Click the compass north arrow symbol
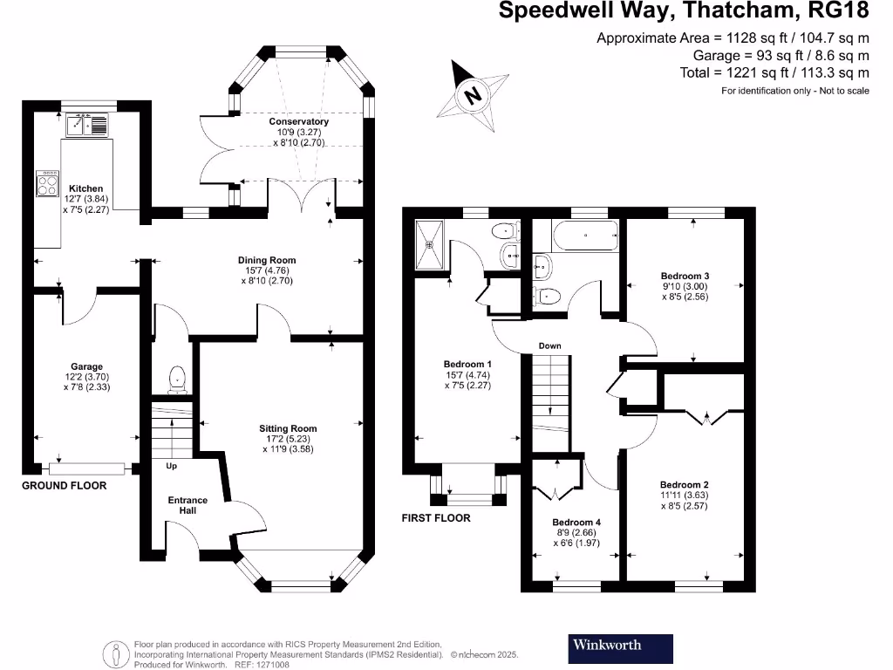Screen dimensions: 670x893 pos(473,92)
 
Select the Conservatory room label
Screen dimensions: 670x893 pos(298,122)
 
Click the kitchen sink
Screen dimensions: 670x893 pos(86,126)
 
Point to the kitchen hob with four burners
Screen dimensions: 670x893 pos(46,182)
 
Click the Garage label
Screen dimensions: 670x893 pos(86,366)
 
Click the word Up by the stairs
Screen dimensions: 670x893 pos(172,467)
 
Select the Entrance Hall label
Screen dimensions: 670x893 pos(187,505)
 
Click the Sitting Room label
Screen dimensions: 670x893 pos(288,428)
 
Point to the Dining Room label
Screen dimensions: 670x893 pos(267,260)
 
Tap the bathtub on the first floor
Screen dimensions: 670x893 pos(584,234)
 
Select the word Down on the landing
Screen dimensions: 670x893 pos(549,345)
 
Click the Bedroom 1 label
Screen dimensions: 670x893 pos(468,364)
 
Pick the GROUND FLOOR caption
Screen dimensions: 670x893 pos(64,485)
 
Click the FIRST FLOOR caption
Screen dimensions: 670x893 pos(436,518)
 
